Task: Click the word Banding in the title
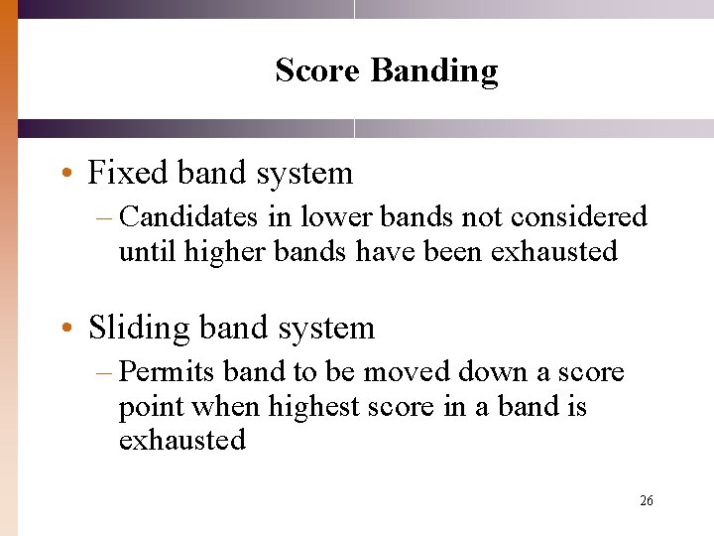[x=433, y=71]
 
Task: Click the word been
[x=452, y=251]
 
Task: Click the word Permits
[x=167, y=372]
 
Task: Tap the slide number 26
[x=647, y=501]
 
